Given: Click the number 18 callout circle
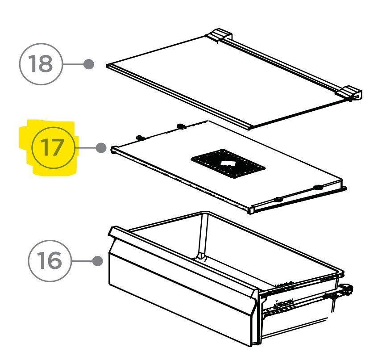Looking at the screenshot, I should coord(41,64).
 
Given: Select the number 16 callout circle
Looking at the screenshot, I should coord(50,260).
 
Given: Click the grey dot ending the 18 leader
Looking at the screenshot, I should coord(89,64).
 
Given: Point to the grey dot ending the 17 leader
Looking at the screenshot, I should coord(101,147).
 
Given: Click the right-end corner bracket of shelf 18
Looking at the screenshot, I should coord(351,92).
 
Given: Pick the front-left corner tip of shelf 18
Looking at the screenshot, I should coord(108,66).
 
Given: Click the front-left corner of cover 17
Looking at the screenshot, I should coord(114,150).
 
